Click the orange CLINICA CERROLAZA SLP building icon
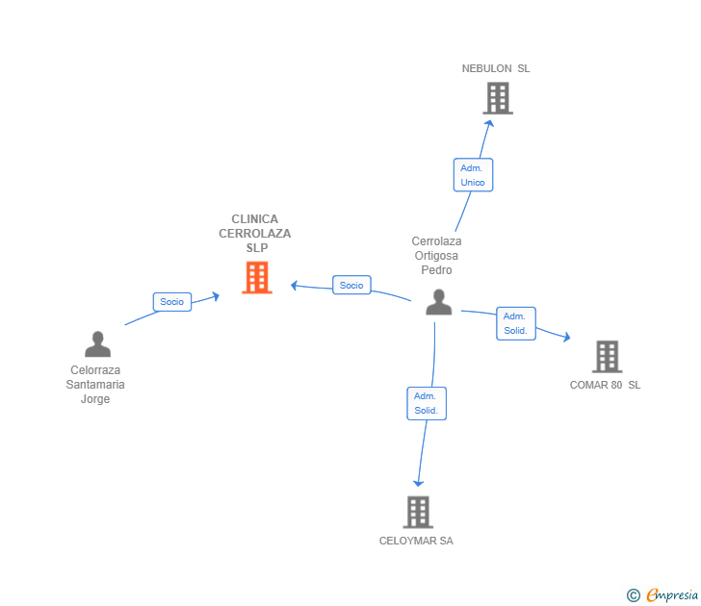pos(256,278)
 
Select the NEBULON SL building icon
pos(497,98)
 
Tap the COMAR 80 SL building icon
pos(607,357)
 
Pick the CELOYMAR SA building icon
pos(417,512)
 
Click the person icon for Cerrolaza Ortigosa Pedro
pos(439,302)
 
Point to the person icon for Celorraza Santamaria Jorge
pos(97,343)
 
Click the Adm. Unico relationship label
pos(473,175)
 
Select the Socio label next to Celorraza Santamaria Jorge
pos(172,302)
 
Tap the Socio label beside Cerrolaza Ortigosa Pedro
pos(351,285)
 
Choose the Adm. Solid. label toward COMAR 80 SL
pos(515,323)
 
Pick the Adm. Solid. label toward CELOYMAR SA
pos(426,403)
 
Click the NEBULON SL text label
pos(496,68)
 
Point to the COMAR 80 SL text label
pos(605,385)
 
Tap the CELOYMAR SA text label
pos(416,541)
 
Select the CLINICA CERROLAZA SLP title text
pos(255,234)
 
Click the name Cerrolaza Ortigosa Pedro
pos(436,256)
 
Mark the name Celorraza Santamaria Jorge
pos(96,385)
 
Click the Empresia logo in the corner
pos(672,595)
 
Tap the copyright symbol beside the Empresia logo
pos(634,596)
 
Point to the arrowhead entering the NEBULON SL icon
pos(489,122)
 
